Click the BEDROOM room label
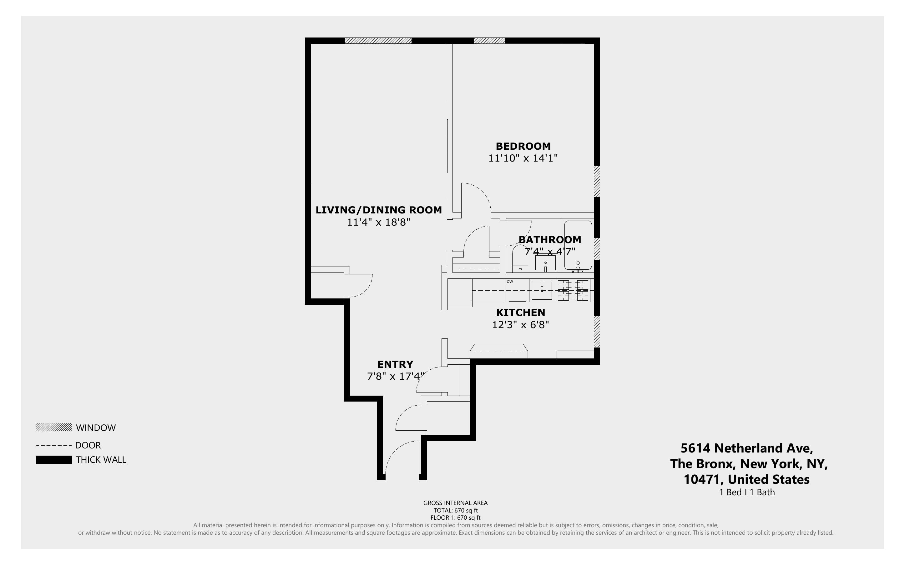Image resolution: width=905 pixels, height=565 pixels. pyautogui.click(x=523, y=146)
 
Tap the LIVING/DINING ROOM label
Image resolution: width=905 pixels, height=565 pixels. pyautogui.click(x=378, y=210)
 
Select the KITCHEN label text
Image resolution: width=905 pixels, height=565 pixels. pyautogui.click(x=520, y=312)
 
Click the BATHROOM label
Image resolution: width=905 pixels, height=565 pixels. pyautogui.click(x=549, y=239)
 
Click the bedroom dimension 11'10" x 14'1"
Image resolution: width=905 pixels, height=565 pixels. pyautogui.click(x=523, y=158)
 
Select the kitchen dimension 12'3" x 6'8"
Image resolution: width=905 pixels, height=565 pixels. pyautogui.click(x=520, y=325)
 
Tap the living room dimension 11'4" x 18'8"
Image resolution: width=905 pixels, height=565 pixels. pyautogui.click(x=378, y=222)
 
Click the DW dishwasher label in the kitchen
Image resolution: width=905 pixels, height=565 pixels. pyautogui.click(x=510, y=281)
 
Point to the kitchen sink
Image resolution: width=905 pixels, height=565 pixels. pyautogui.click(x=542, y=290)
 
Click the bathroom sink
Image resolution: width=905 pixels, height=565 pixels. pyautogui.click(x=545, y=263)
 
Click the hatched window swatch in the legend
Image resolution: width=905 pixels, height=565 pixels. pyautogui.click(x=54, y=427)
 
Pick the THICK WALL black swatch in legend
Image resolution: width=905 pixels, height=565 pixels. pyautogui.click(x=54, y=460)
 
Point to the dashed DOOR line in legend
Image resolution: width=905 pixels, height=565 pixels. pyautogui.click(x=54, y=445)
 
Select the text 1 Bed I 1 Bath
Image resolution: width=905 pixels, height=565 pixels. pyautogui.click(x=746, y=492)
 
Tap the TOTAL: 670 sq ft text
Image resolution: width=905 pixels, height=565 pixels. pyautogui.click(x=455, y=510)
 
